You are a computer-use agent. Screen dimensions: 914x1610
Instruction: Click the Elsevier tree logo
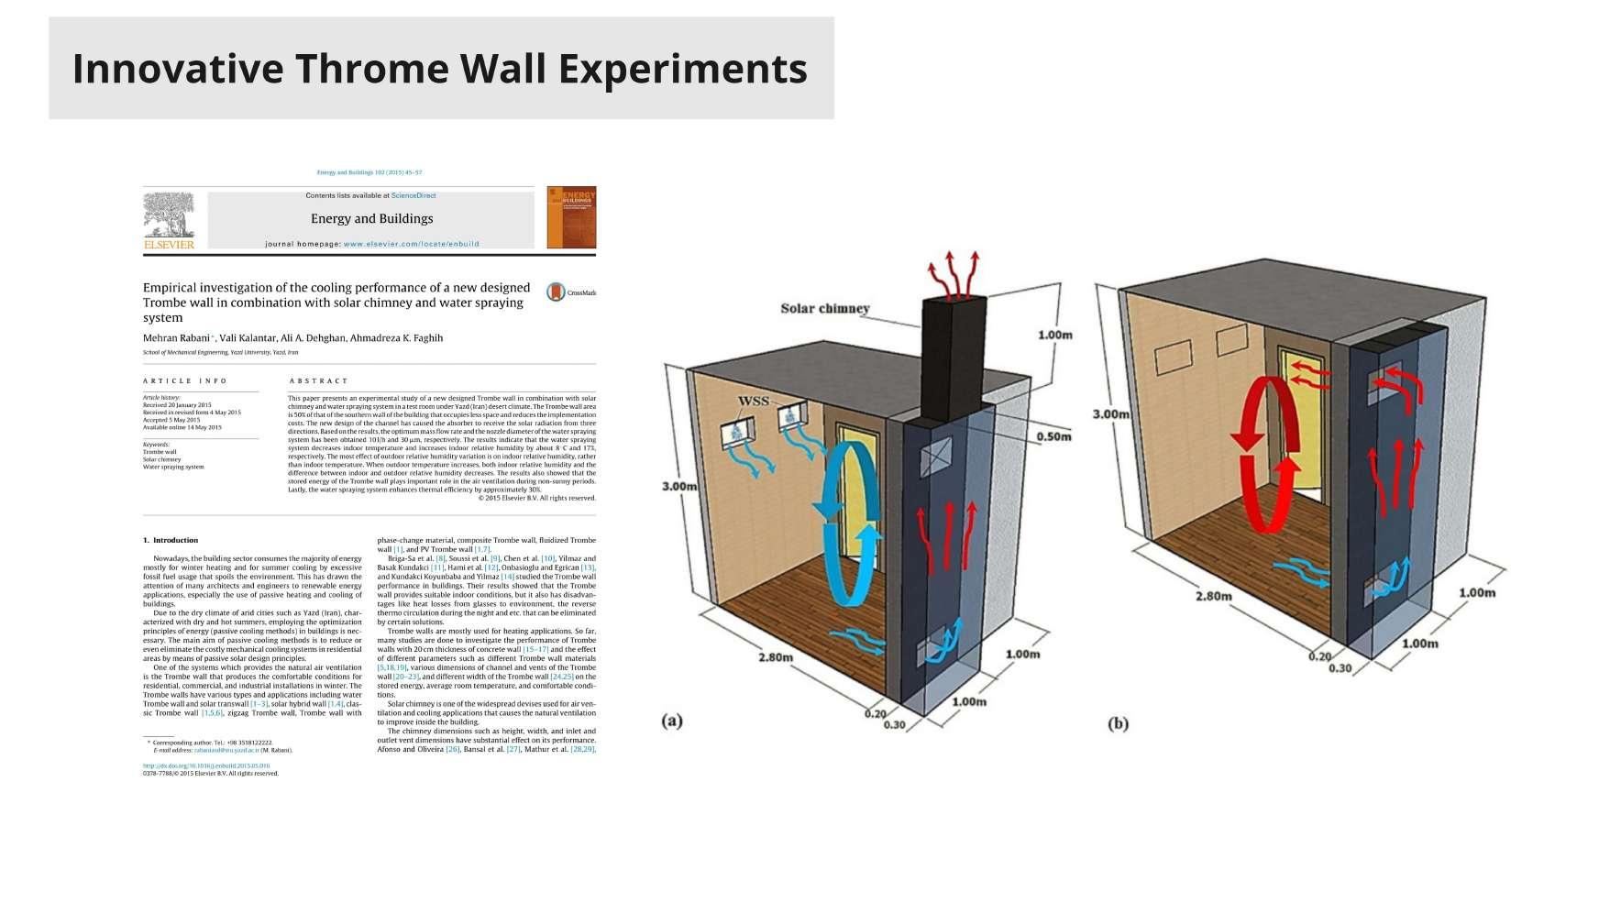point(169,215)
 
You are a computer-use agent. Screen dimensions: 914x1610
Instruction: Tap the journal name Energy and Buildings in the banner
point(371,218)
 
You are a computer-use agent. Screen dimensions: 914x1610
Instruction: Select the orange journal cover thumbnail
point(571,217)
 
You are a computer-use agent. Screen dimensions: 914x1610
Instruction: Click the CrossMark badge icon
point(556,292)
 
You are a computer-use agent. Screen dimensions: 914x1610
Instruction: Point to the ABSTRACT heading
point(318,380)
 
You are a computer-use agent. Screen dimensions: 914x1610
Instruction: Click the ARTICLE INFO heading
point(184,380)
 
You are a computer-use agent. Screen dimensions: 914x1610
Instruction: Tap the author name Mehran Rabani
point(176,338)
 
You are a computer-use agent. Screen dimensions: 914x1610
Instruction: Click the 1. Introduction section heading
point(171,540)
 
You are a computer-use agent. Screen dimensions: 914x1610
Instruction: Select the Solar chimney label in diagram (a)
point(824,308)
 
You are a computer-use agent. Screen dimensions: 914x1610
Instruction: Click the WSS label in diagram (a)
point(753,401)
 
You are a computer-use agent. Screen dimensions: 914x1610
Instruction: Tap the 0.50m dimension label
point(1053,436)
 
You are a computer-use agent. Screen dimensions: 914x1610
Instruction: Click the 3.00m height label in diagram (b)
point(1110,414)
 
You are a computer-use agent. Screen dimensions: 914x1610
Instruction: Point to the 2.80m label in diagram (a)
point(776,656)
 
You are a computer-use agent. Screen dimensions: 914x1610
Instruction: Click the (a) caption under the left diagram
point(672,721)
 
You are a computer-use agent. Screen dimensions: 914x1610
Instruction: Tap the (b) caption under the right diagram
point(1118,723)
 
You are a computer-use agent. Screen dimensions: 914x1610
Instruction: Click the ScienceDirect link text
point(414,195)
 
